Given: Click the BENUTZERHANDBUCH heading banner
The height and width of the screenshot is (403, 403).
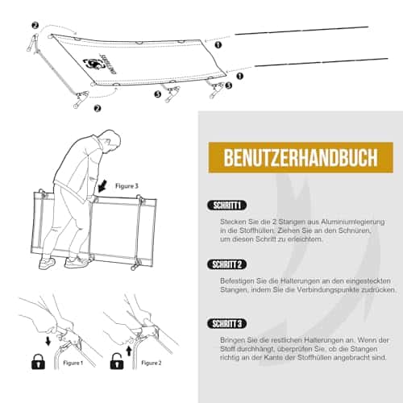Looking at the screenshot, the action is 301,157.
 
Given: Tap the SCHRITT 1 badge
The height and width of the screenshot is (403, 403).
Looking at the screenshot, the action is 227,206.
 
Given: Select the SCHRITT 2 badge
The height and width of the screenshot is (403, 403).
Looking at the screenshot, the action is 227,264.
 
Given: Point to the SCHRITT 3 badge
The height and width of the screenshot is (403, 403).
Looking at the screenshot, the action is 227,324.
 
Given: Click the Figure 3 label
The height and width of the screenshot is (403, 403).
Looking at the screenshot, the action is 127,186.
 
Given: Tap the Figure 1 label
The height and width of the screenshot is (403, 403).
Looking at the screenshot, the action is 73,363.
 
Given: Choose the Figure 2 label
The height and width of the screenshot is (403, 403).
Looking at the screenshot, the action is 152,363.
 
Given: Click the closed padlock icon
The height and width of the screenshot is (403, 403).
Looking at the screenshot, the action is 39,361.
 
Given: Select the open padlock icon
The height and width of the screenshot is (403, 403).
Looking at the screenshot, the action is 117,361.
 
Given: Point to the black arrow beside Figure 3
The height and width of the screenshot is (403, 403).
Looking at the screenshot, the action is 102,186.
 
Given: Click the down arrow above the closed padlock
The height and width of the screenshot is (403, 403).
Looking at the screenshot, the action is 48,342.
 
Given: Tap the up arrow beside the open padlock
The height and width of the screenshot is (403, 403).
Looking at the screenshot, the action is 129,351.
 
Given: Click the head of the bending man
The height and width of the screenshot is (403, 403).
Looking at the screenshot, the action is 110,139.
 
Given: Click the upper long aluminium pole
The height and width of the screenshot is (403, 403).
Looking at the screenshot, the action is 301,31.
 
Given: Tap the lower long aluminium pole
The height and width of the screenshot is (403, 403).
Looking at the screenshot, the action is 322,62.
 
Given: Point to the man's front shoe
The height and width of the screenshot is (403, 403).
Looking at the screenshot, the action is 77,263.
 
